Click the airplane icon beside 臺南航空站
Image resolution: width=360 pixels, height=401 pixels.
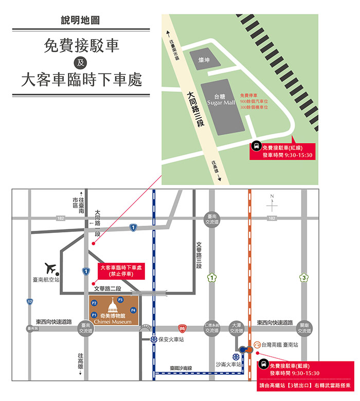51,268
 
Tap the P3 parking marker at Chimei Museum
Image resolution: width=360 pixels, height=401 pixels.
120,300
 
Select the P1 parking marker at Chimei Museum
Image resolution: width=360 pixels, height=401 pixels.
94,315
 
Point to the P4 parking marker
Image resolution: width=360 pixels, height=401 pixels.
133,310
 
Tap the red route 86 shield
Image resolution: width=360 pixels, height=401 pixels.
182,327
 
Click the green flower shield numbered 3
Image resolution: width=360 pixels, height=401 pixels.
304,278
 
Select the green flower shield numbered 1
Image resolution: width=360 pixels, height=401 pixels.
211,278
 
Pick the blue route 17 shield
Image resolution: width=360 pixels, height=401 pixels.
30,302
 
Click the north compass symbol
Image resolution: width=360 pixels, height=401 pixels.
272,205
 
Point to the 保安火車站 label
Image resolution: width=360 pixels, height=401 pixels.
171,340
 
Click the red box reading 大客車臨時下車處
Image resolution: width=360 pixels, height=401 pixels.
121,271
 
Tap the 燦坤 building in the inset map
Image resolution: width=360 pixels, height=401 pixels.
205,61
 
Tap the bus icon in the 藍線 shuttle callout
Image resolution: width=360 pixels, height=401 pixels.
262,365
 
